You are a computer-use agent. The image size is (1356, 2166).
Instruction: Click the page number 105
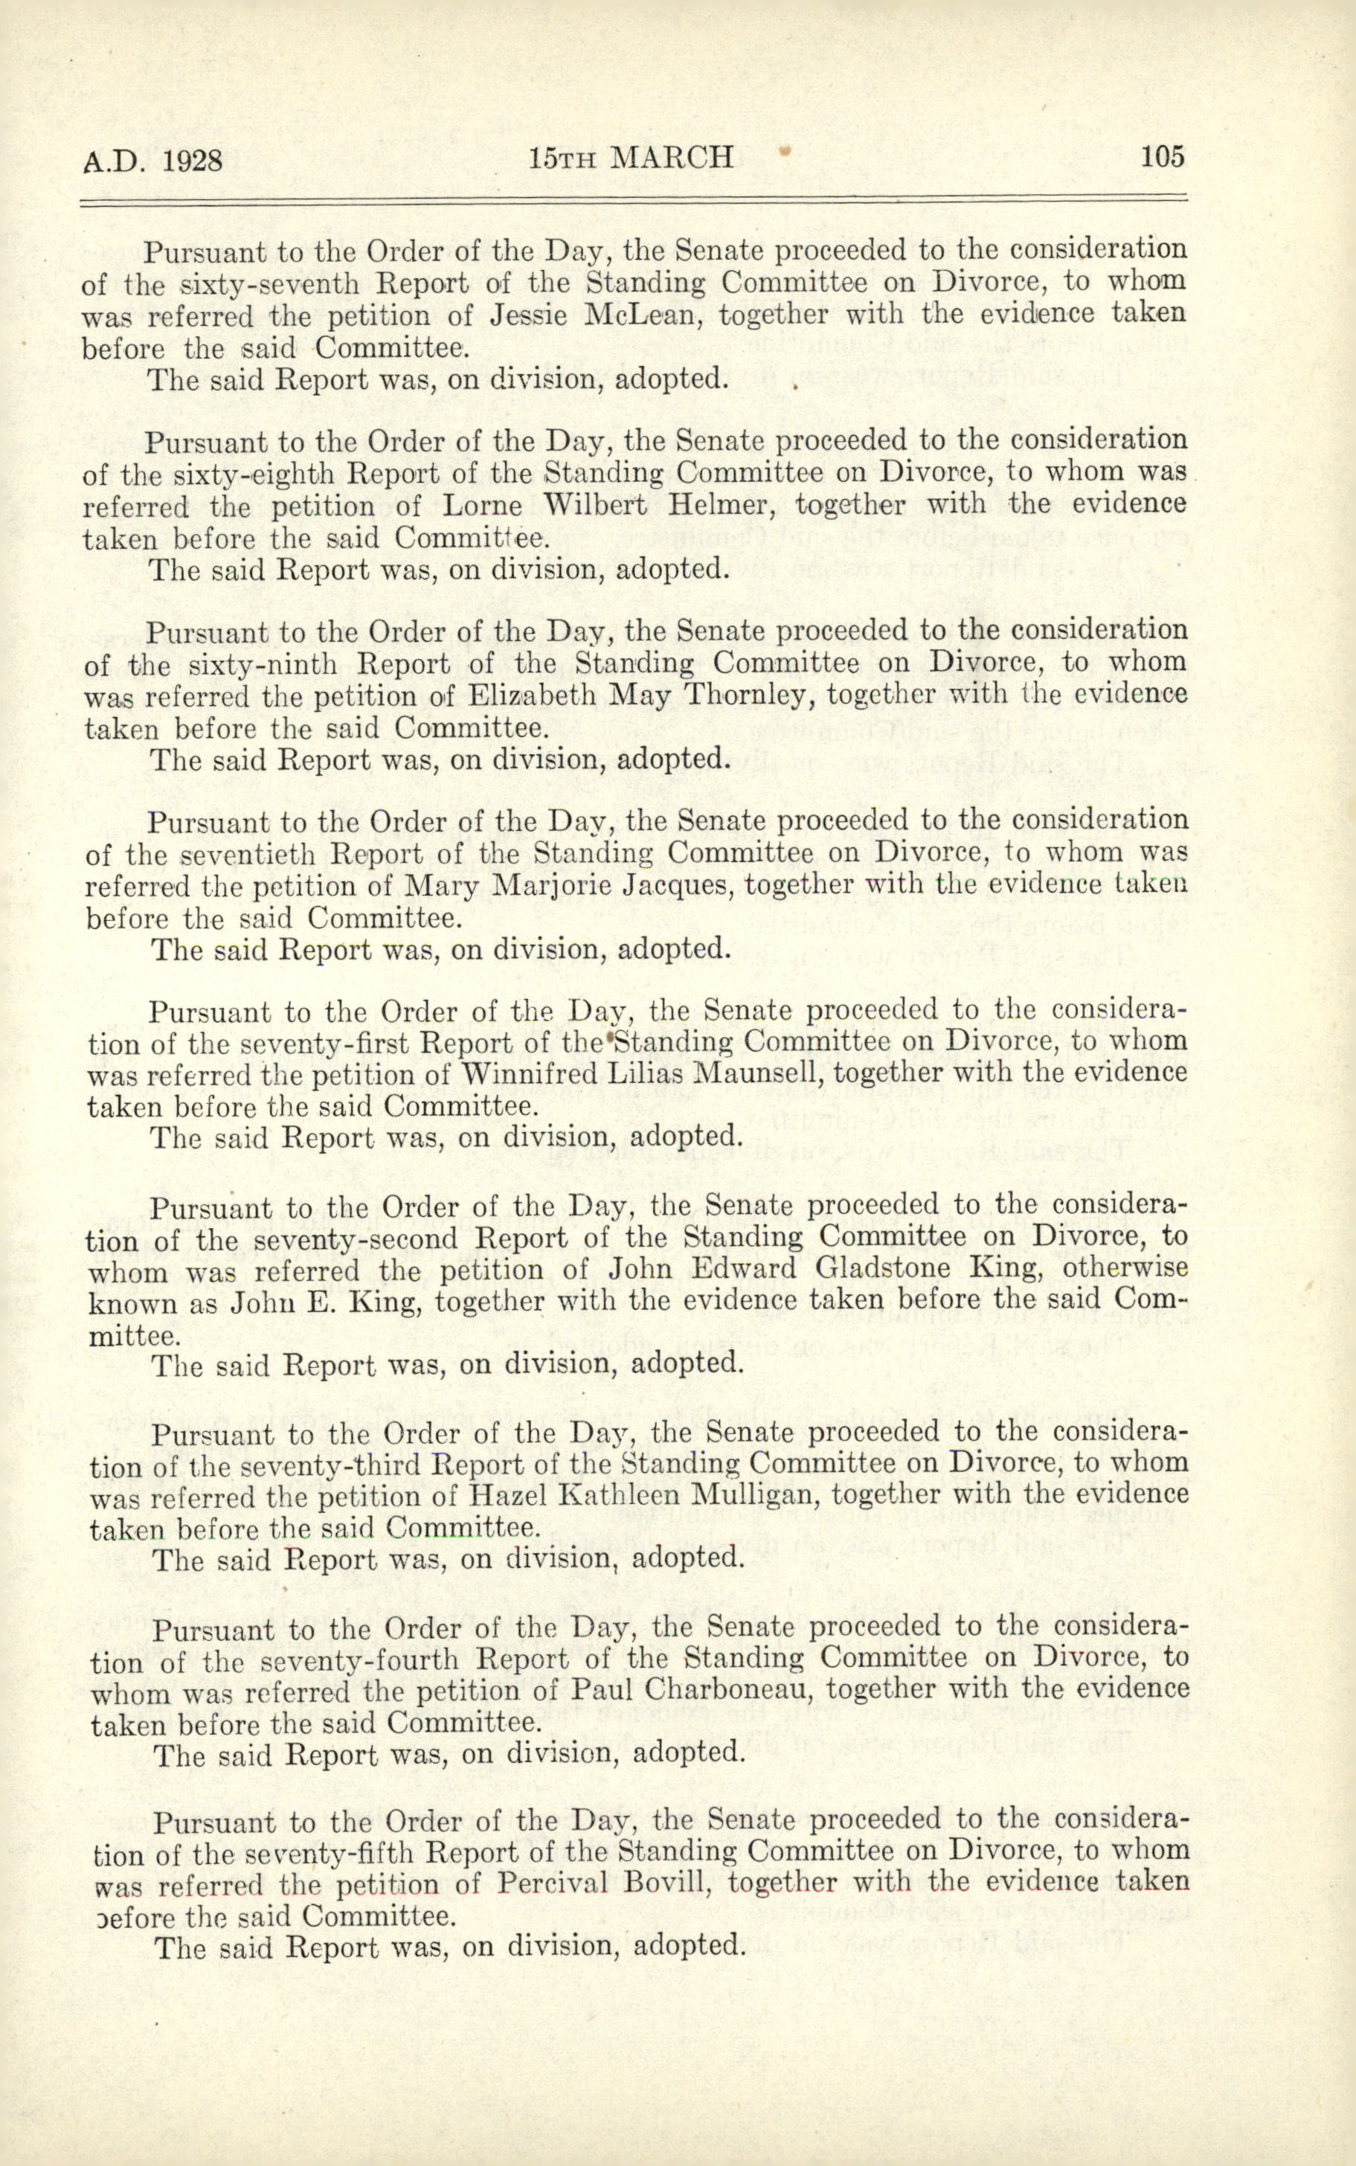(x=1163, y=157)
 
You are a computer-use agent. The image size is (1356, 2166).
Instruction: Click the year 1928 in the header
(x=192, y=161)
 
